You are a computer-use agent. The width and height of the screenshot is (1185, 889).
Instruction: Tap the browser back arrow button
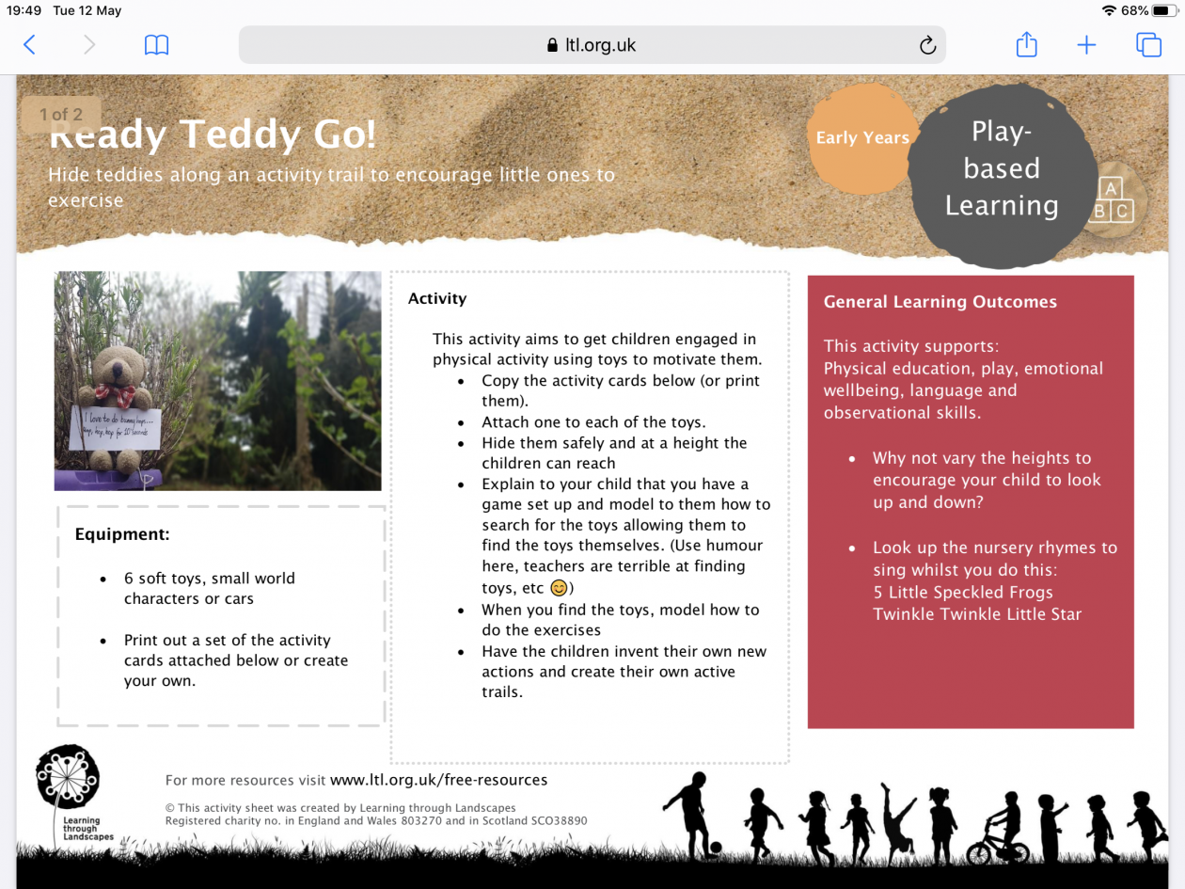29,44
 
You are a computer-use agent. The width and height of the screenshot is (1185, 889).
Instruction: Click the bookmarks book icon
156,45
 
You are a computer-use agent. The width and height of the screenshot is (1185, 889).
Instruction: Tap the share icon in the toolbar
1026,44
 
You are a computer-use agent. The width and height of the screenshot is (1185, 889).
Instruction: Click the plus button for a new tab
1086,44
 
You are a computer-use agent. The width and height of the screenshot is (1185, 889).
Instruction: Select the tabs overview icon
1148,44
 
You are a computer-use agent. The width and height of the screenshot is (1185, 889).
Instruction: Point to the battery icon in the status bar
1164,10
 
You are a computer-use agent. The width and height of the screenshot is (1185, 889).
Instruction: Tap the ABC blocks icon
1111,200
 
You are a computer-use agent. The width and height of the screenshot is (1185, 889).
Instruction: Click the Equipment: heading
122,534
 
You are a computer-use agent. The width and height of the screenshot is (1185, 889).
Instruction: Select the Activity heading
437,298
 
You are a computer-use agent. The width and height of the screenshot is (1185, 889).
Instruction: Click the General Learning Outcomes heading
940,302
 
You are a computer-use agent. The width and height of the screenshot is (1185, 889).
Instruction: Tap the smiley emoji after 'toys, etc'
559,588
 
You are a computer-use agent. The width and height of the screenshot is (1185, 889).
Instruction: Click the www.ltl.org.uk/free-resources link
438,780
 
